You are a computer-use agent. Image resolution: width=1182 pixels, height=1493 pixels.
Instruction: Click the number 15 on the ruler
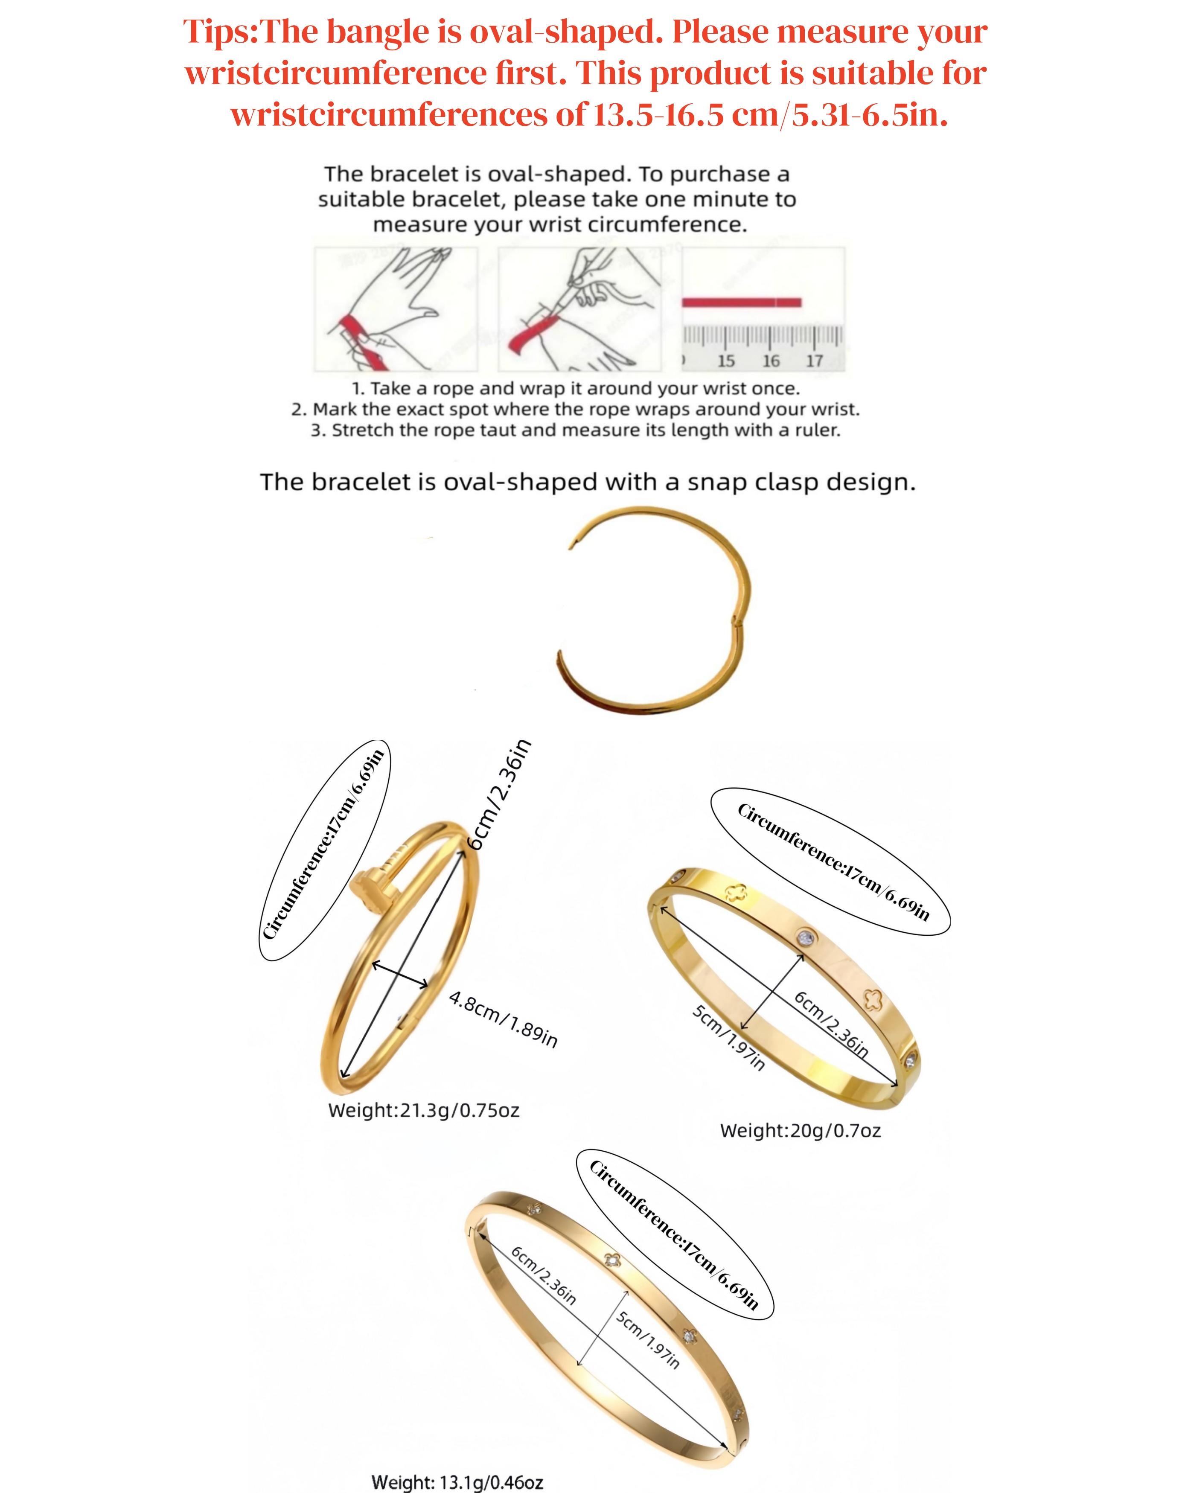click(725, 361)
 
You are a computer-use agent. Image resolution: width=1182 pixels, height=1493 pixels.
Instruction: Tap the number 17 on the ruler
click(815, 361)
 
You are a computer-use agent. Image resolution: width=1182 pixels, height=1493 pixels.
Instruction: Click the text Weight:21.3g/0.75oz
click(424, 1110)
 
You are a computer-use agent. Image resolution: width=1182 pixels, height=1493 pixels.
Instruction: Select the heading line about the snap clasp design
click(588, 482)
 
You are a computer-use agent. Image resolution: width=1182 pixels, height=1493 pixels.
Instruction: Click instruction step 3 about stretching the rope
click(575, 431)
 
